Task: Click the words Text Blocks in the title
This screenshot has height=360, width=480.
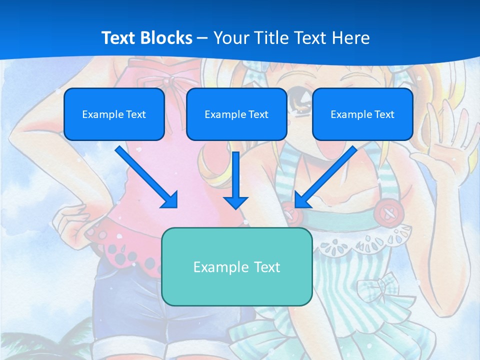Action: click(x=146, y=38)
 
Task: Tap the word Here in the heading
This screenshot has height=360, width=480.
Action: click(x=350, y=38)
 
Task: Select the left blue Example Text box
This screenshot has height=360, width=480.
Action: click(x=114, y=114)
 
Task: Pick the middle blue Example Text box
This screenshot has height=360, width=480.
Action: click(x=236, y=114)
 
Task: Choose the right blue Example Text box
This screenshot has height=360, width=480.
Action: click(x=362, y=114)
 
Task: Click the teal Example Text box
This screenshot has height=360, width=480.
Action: click(x=237, y=266)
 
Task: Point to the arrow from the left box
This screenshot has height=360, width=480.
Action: click(x=146, y=176)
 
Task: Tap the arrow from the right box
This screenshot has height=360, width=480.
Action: click(x=326, y=176)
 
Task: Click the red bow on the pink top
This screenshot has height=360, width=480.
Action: click(x=175, y=82)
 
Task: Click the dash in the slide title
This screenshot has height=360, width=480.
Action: click(x=202, y=38)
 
